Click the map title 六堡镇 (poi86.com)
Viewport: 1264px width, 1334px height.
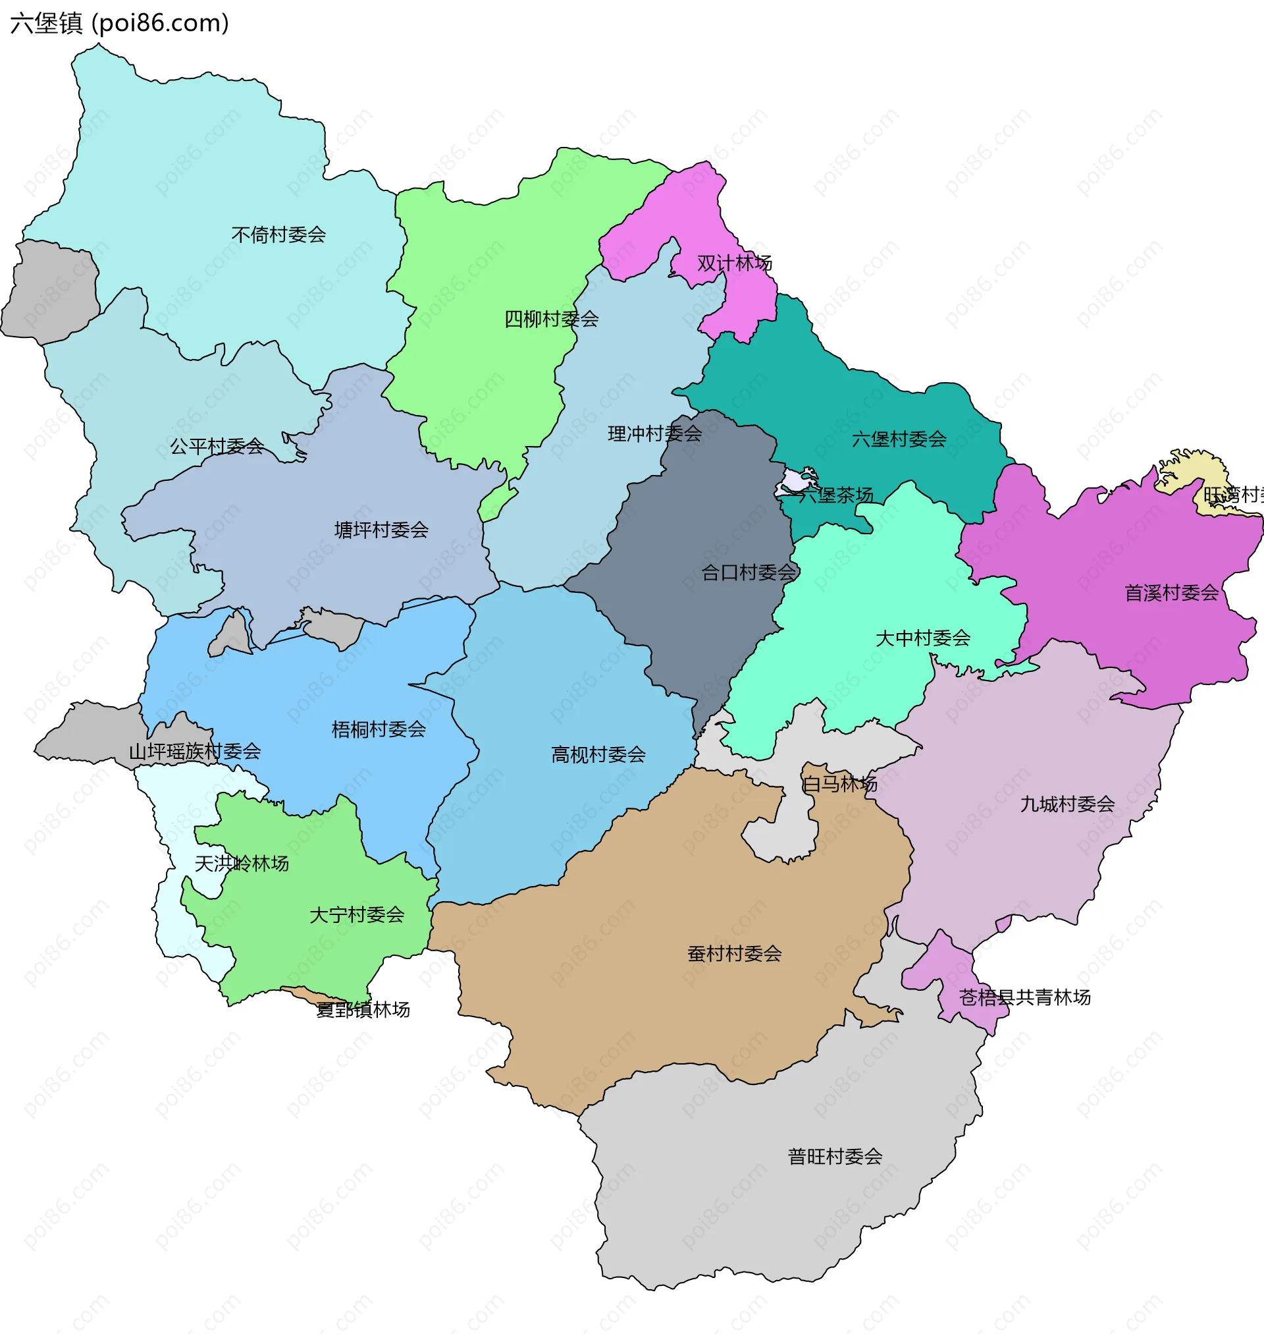coord(119,23)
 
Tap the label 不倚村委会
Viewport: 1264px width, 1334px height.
coord(278,235)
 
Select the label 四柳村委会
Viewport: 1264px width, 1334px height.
coord(551,319)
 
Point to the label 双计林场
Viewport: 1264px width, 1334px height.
coord(734,263)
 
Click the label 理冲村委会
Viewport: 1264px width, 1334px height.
coord(654,433)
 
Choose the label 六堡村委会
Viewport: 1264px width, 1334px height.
coord(899,439)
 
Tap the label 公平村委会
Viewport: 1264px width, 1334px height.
coord(217,446)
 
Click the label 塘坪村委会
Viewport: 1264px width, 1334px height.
coord(381,530)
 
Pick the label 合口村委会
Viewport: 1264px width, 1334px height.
coord(749,572)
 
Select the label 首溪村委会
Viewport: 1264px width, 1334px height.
coord(1171,592)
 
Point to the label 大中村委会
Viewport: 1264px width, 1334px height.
coord(922,638)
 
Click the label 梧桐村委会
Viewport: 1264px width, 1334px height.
coord(379,729)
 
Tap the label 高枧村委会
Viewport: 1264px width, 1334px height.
coord(598,754)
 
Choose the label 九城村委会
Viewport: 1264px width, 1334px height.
coord(1067,804)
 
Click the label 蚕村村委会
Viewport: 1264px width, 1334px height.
coord(735,953)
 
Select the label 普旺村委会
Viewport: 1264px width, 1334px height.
coord(835,1156)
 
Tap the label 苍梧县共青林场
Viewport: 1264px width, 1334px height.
coord(1024,997)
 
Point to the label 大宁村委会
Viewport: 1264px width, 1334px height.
coord(356,915)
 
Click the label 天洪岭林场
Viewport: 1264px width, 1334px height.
coord(241,863)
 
